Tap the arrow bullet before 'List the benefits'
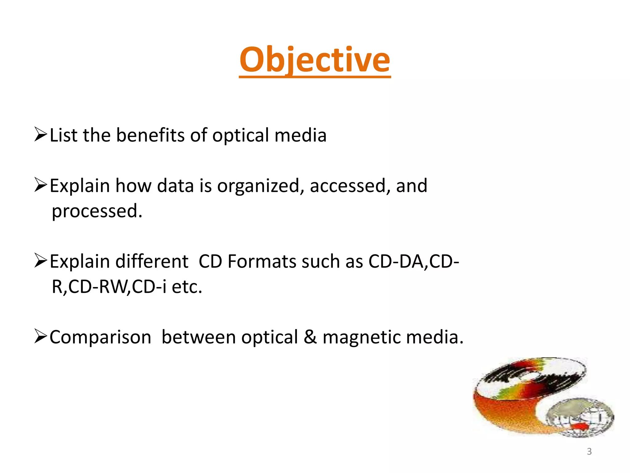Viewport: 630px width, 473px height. pyautogui.click(x=40, y=134)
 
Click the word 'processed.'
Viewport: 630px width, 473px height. pyautogui.click(x=97, y=211)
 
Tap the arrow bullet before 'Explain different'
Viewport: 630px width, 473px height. pyautogui.click(x=40, y=261)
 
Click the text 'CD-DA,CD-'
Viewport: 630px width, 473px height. pyautogui.click(x=413, y=261)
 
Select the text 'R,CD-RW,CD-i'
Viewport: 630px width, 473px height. pyautogui.click(x=109, y=287)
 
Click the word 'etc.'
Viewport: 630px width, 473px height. pyautogui.click(x=187, y=287)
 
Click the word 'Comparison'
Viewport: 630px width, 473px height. pyautogui.click(x=100, y=337)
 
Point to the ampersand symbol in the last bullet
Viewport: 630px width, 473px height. pyautogui.click(x=310, y=337)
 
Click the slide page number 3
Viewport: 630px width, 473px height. pyautogui.click(x=589, y=451)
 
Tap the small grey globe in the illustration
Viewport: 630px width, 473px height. pyautogui.click(x=580, y=417)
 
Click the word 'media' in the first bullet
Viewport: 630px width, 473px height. pyautogui.click(x=300, y=135)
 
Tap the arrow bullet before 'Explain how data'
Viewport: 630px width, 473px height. pyautogui.click(x=40, y=185)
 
